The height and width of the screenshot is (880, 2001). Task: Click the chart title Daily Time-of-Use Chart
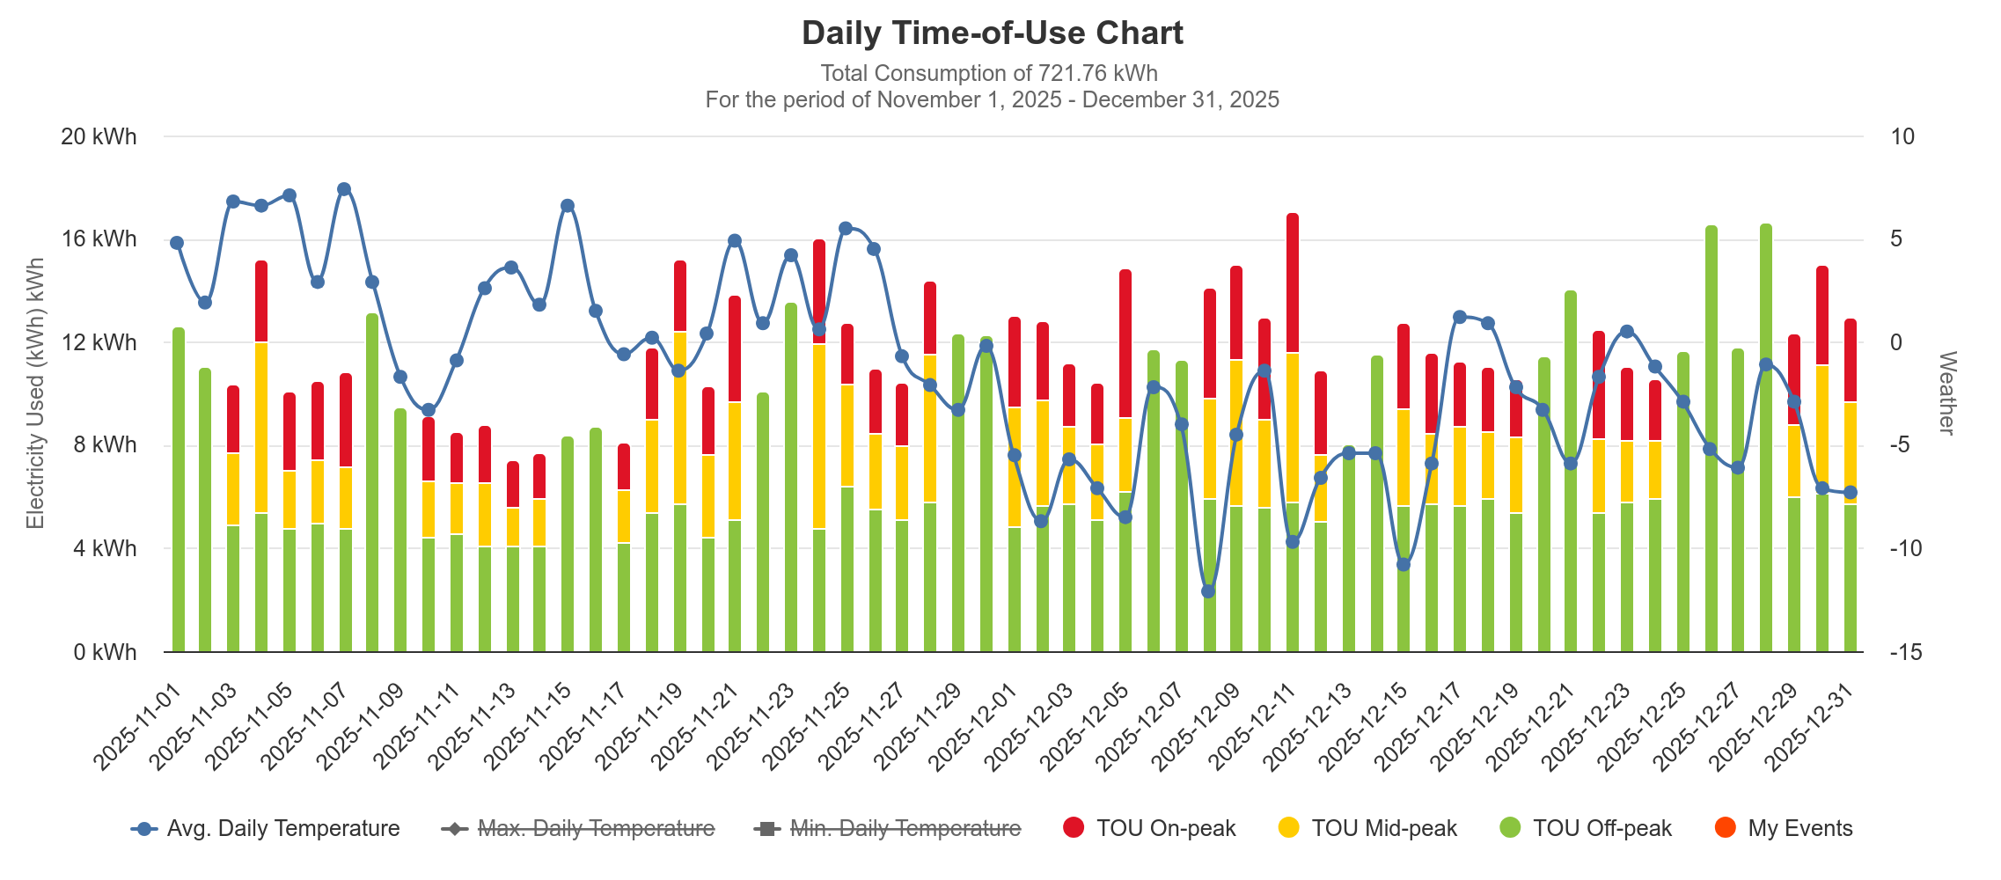[992, 33]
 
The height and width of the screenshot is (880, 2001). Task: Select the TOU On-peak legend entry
[1149, 828]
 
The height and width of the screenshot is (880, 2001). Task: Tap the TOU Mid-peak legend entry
[1367, 828]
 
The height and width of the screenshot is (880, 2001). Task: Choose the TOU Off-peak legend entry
[1586, 828]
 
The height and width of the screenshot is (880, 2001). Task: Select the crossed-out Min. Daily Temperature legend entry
[888, 828]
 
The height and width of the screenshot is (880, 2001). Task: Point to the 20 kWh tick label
[99, 136]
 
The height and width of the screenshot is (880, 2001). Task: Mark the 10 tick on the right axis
[1902, 136]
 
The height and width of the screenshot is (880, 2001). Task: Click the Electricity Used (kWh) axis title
[35, 393]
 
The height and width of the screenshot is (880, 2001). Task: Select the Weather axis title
[1946, 393]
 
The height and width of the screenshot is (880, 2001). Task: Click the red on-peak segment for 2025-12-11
[1293, 282]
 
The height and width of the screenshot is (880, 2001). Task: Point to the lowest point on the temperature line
[1208, 591]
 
